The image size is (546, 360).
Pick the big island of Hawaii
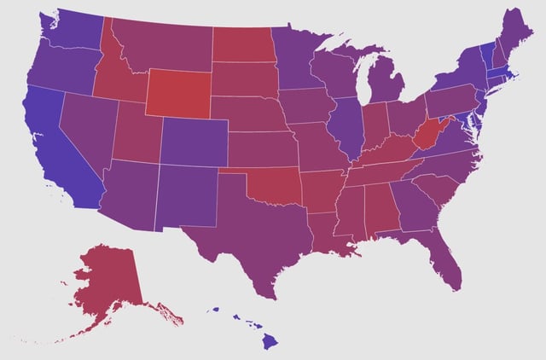click(x=269, y=341)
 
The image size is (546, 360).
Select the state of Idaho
click(x=115, y=77)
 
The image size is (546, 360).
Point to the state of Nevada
click(x=85, y=128)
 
